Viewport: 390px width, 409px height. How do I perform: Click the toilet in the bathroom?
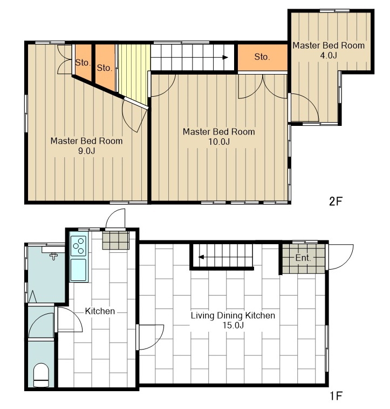coord(41,375)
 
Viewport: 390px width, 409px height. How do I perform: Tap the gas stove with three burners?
coord(79,246)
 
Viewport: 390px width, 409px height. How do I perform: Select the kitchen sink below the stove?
coord(78,270)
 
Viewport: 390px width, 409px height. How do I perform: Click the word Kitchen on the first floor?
coord(100,311)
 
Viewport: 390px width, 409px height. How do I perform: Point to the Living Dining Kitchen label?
coord(233,316)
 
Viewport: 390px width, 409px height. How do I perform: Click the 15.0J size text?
coord(233,325)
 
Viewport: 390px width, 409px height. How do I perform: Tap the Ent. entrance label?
coord(303,258)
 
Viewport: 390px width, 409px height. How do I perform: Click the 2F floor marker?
coord(336,201)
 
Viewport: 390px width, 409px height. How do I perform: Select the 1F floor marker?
coord(336,396)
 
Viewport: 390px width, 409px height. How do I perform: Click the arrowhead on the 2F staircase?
coord(225,57)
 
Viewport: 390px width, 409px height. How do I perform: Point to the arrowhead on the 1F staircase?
coord(201,257)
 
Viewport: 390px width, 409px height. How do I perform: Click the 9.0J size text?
coord(86,151)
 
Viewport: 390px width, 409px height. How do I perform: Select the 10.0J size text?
coord(219,142)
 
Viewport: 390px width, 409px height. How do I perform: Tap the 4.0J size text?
coord(329,55)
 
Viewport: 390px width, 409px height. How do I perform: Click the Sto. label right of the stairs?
coord(262,57)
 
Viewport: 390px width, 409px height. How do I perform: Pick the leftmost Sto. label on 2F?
coord(83,63)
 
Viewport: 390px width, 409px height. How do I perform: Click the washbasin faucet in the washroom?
coord(54,256)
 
